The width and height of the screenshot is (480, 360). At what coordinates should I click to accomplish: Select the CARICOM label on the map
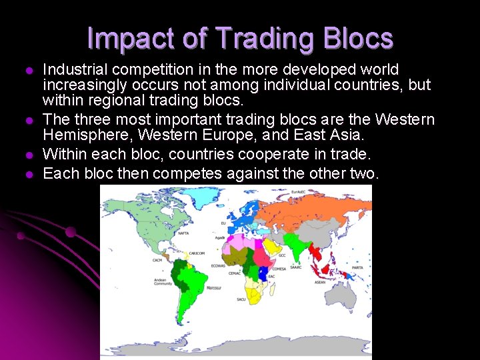[x=197, y=253]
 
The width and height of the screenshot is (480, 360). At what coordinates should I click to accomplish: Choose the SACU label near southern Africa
[x=241, y=299]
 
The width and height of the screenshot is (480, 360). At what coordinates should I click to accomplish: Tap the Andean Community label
[x=163, y=282]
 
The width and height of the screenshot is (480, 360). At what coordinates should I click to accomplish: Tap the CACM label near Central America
[x=157, y=260]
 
